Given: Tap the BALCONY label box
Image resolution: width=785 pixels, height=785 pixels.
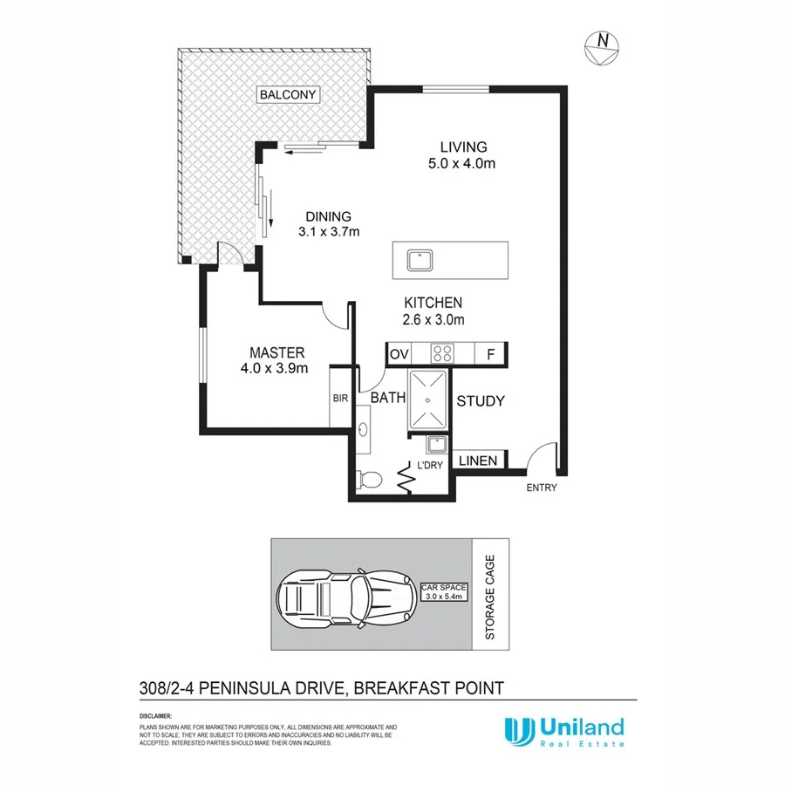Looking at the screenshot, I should point(289,94).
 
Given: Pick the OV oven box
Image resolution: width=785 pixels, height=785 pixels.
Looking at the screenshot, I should point(399,354).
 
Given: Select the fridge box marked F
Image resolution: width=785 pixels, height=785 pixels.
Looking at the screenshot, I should point(491,354).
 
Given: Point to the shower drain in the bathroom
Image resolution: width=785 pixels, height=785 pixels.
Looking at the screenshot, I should point(428,399).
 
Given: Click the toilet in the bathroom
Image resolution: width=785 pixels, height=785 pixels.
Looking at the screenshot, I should point(369,479).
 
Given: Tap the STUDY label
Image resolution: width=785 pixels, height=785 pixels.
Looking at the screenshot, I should point(481,401).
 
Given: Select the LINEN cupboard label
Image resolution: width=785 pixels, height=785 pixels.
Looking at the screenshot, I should point(478,461).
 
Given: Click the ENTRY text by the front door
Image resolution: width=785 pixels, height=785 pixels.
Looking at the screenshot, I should point(541,488).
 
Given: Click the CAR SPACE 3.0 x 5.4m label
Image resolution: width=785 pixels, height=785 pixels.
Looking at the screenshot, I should point(445,591).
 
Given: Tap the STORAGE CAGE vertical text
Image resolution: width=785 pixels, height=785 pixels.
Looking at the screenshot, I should point(490,597).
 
